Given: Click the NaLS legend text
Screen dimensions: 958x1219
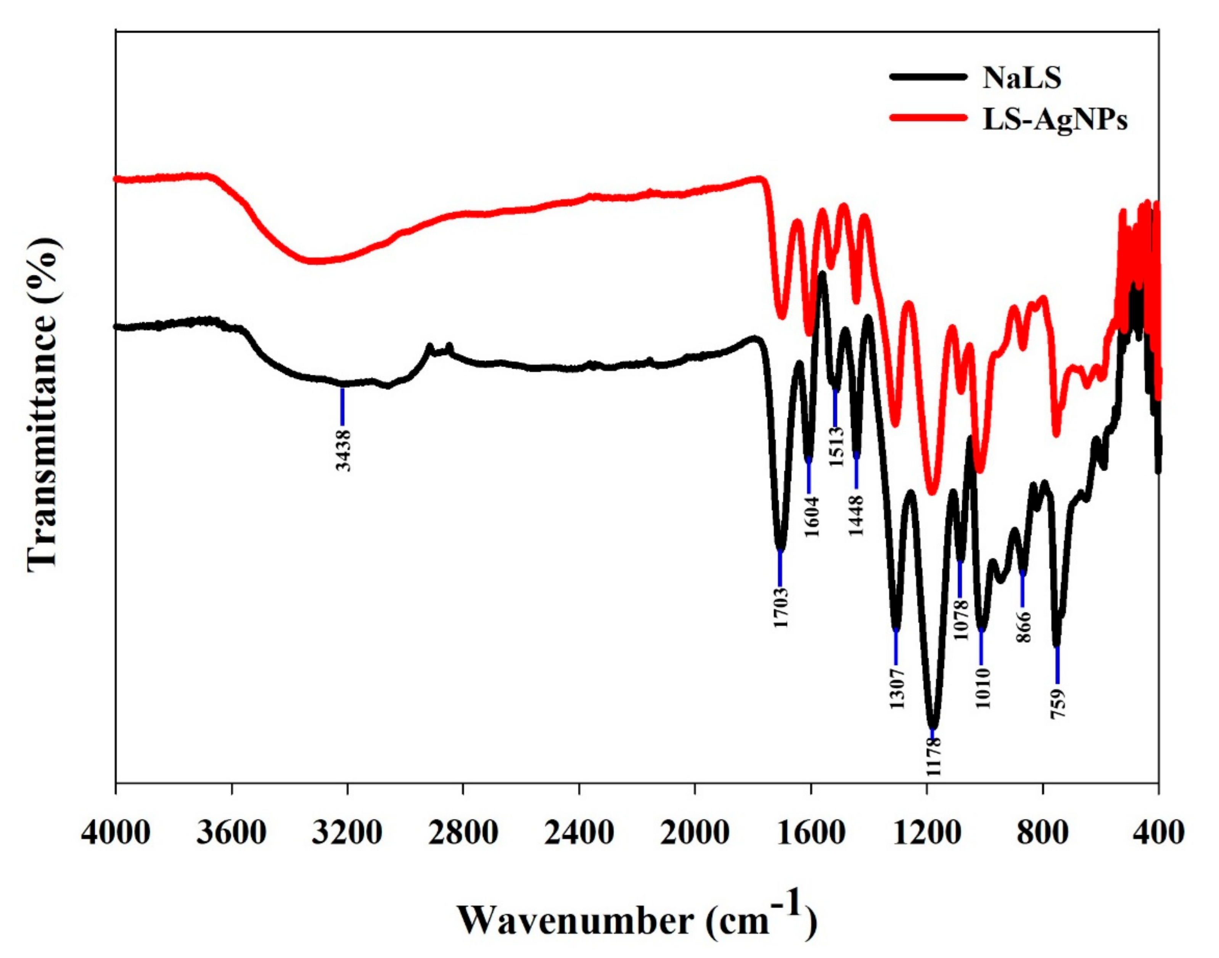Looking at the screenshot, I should (x=1021, y=78).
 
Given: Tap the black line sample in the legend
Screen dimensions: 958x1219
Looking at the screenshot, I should (x=928, y=78).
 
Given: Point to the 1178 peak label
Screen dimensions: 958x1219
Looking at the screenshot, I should (x=933, y=756).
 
